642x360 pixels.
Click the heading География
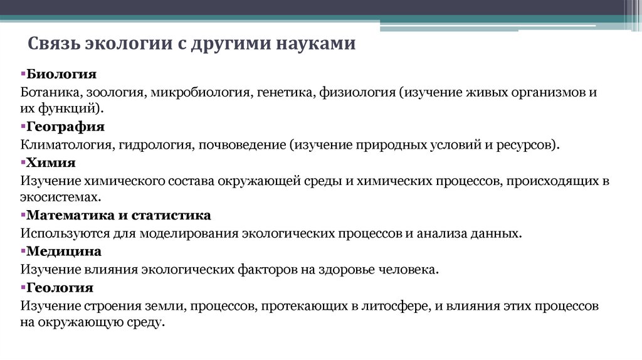[x=65, y=127]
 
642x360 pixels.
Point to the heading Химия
[x=51, y=163]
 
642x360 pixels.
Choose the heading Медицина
[x=63, y=251]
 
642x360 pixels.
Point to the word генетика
[x=285, y=92]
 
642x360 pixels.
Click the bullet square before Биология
[x=22, y=75]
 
